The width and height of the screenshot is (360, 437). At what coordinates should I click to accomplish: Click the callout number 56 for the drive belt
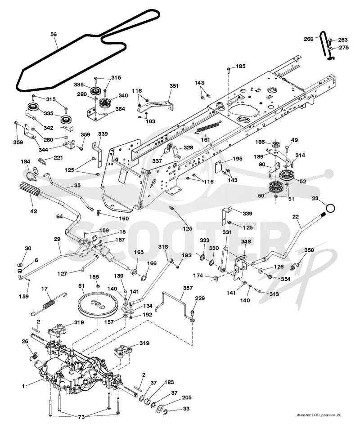tap(53, 34)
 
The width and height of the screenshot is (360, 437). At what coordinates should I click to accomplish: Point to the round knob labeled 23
tap(330, 208)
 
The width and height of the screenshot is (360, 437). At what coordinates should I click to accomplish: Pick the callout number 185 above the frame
tap(241, 66)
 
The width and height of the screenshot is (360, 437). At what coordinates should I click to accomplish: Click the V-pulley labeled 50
tap(276, 187)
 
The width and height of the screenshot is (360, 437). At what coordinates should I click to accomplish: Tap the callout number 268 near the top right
tap(309, 39)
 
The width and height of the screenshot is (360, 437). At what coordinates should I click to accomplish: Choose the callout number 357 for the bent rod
tap(188, 288)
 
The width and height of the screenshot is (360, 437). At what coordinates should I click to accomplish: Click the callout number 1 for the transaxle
tap(23, 386)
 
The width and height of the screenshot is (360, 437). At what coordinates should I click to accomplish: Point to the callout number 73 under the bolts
tap(81, 417)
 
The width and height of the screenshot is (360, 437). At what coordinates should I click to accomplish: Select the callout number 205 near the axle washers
tap(187, 398)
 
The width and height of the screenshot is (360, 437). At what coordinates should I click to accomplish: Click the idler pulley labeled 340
tap(105, 103)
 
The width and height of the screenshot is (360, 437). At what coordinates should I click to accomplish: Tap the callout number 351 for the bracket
tap(174, 86)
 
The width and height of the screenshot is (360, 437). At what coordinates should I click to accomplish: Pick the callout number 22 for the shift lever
tap(296, 217)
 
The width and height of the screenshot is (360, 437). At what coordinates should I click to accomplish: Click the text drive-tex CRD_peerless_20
tap(319, 415)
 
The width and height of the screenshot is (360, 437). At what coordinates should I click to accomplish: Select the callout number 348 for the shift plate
tap(246, 241)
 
